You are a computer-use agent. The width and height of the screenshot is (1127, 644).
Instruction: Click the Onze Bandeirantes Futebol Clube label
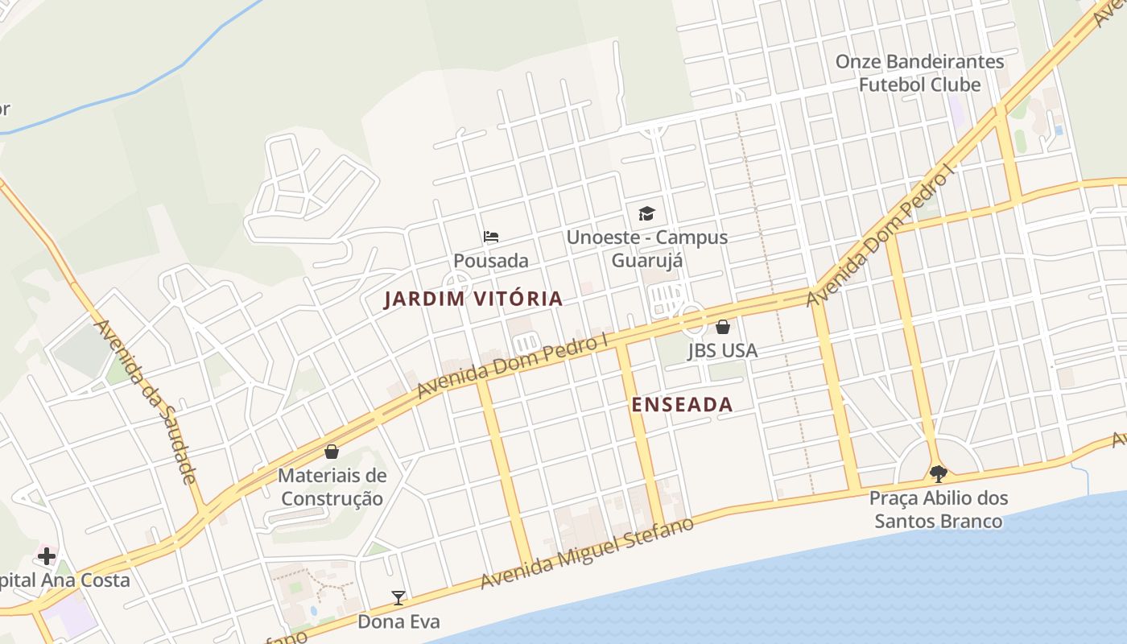click(x=919, y=73)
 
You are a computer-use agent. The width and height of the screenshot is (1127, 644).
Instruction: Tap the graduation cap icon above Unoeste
click(x=646, y=213)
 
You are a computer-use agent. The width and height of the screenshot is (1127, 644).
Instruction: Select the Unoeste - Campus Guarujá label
click(x=646, y=249)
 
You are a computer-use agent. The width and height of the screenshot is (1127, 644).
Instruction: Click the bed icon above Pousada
click(x=491, y=237)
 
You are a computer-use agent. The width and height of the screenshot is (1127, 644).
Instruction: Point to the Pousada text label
click(x=491, y=261)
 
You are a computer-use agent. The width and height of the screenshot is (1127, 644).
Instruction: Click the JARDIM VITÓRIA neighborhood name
click(x=473, y=299)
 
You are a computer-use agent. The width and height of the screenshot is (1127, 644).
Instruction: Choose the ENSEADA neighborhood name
click(x=682, y=405)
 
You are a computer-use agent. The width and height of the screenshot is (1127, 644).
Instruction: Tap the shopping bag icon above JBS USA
click(x=723, y=327)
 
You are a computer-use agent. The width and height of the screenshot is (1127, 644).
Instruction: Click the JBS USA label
click(x=723, y=351)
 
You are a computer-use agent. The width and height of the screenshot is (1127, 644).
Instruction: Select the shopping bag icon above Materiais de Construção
click(x=332, y=452)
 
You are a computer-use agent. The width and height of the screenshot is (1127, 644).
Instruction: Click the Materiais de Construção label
click(x=332, y=487)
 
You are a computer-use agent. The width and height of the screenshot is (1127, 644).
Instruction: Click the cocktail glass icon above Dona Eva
click(x=398, y=597)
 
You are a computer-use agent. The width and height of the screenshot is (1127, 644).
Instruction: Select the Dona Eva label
click(x=398, y=621)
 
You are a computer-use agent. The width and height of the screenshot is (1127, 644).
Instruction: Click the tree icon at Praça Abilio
click(x=938, y=473)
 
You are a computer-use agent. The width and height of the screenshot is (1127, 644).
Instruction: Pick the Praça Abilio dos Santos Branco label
click(x=939, y=510)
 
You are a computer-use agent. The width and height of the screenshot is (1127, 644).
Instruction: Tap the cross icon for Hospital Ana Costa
click(x=47, y=555)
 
